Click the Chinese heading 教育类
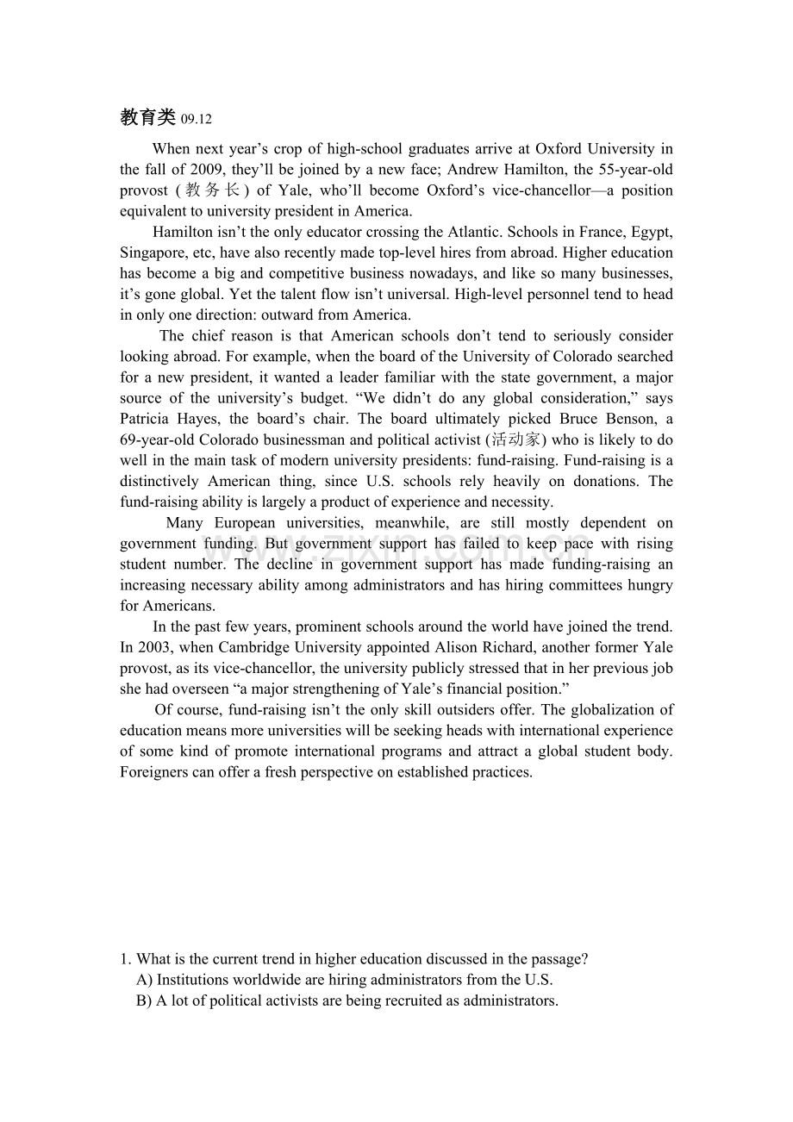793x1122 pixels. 147,118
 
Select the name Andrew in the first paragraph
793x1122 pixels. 472,170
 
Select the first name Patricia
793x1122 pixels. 147,419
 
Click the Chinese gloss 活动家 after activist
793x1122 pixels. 515,439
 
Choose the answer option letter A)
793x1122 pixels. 145,980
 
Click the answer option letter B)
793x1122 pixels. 145,1000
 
